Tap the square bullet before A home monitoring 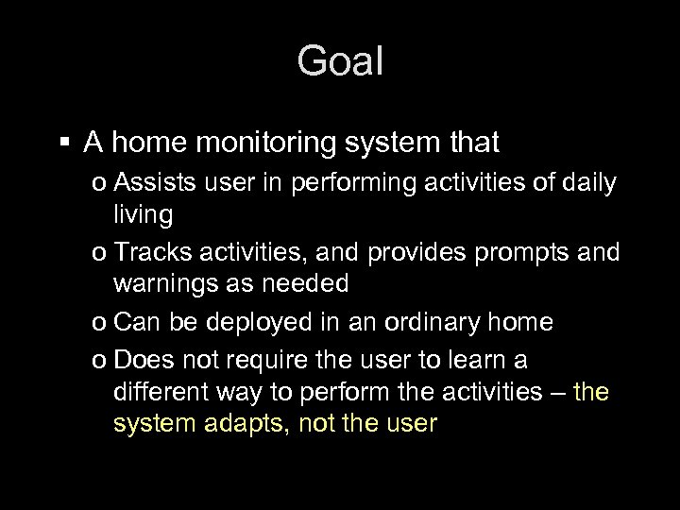(64, 144)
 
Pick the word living (143, 215)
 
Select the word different (158, 392)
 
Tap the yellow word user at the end (409, 424)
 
